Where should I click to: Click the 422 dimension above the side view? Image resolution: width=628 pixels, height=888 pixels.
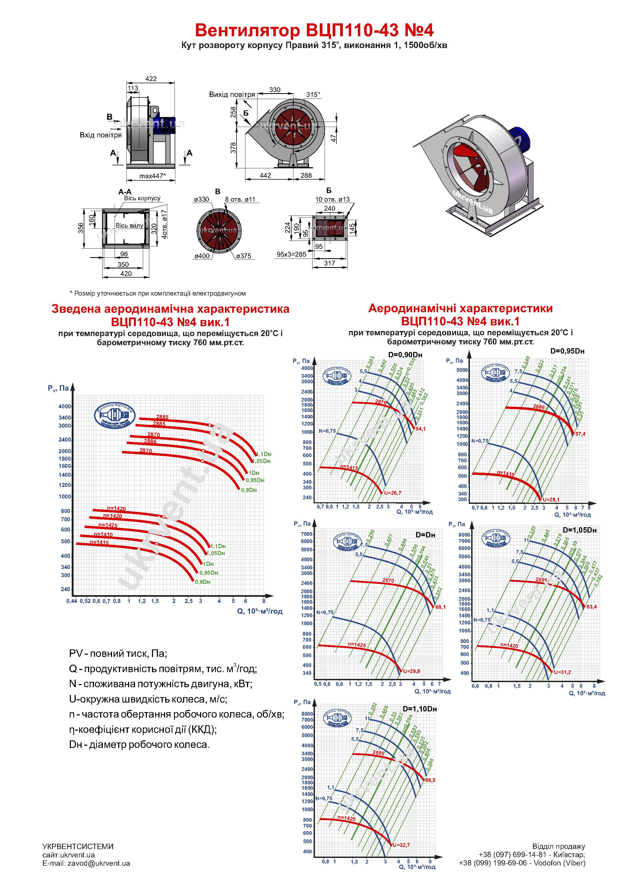[x=151, y=78]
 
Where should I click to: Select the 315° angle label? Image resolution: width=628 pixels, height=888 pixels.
[x=313, y=95]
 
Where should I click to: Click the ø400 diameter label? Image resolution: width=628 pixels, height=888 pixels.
[x=202, y=256]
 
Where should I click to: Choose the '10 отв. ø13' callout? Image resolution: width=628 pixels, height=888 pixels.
[x=332, y=199]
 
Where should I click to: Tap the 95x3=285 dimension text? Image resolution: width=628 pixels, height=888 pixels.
[x=291, y=254]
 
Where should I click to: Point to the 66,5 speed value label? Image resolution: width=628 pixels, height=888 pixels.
[x=430, y=780]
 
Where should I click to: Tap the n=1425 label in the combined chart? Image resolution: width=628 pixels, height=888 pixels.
[x=108, y=525]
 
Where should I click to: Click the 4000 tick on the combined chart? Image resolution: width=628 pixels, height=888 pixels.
[x=65, y=406]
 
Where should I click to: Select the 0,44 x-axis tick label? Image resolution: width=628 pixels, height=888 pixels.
[x=72, y=601]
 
